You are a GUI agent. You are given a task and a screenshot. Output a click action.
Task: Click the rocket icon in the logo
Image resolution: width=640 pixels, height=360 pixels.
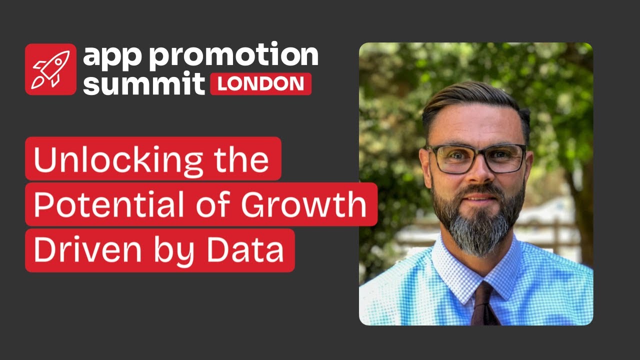point(51,69)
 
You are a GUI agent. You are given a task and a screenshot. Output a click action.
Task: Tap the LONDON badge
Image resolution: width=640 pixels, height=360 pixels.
point(261,84)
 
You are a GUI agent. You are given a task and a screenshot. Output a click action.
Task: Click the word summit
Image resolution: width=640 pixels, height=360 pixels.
point(143,83)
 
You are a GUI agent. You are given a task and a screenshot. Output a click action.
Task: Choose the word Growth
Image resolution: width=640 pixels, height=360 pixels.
point(303,204)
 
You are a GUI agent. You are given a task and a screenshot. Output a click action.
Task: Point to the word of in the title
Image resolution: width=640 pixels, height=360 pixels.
point(213,204)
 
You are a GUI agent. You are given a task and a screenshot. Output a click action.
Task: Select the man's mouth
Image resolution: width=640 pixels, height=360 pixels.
point(480,197)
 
